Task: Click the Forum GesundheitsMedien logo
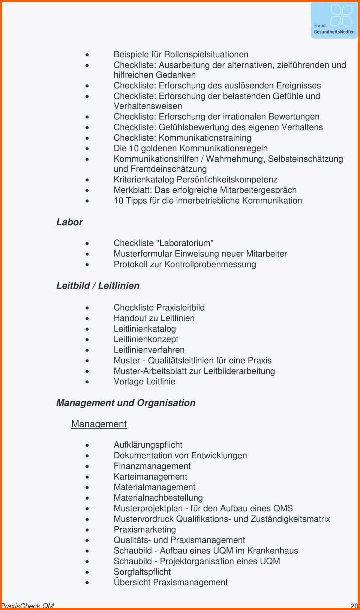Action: point(334,20)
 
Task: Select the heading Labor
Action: point(69,222)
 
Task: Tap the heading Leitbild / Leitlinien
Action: point(98,286)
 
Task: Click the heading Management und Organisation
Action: point(126,403)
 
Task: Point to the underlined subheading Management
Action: point(99,424)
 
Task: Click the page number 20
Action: point(354,606)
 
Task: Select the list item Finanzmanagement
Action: point(152,466)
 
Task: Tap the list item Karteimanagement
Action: point(150,477)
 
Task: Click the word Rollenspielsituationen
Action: point(206,55)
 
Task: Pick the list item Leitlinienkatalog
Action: point(145,329)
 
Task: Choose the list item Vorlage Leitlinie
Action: point(144,381)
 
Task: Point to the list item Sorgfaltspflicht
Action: point(142,572)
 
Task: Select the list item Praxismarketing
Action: point(145,529)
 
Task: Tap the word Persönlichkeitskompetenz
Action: point(227,179)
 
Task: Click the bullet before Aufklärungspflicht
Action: point(87,446)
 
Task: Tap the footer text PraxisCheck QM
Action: point(27,606)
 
